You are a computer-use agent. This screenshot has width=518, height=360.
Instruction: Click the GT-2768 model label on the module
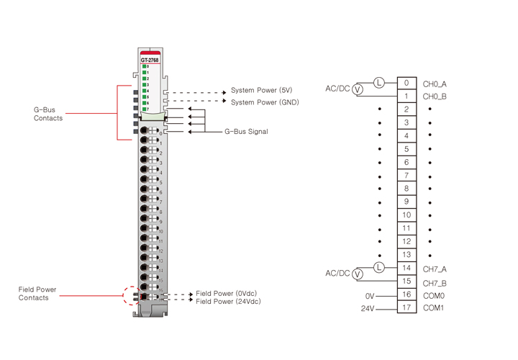coord(150,60)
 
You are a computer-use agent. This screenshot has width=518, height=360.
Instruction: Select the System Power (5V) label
coord(261,91)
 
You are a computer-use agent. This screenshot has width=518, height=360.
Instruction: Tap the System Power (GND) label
coord(264,102)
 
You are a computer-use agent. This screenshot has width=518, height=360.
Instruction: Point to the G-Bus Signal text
coord(246,132)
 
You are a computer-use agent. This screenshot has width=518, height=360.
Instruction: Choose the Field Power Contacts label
coord(37,294)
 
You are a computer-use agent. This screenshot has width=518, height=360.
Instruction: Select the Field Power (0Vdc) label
coord(226,294)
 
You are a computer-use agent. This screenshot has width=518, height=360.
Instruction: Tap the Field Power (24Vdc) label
coord(228,302)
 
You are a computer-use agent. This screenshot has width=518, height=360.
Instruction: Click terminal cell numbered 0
coord(406,83)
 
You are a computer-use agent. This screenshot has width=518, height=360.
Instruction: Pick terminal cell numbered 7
coord(406,176)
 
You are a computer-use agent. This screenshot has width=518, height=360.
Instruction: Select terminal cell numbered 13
coord(406,255)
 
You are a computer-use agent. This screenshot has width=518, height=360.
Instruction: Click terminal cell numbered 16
coord(406,294)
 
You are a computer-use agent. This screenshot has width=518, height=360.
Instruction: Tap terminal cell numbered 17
coord(406,308)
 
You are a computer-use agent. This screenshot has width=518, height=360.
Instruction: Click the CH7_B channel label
coord(435,283)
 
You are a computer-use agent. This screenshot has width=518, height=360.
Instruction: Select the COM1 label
coord(435,308)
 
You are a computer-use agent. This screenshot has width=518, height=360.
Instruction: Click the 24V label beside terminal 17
coord(368,309)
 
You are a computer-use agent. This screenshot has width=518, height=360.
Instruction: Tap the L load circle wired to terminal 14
coord(379,268)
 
